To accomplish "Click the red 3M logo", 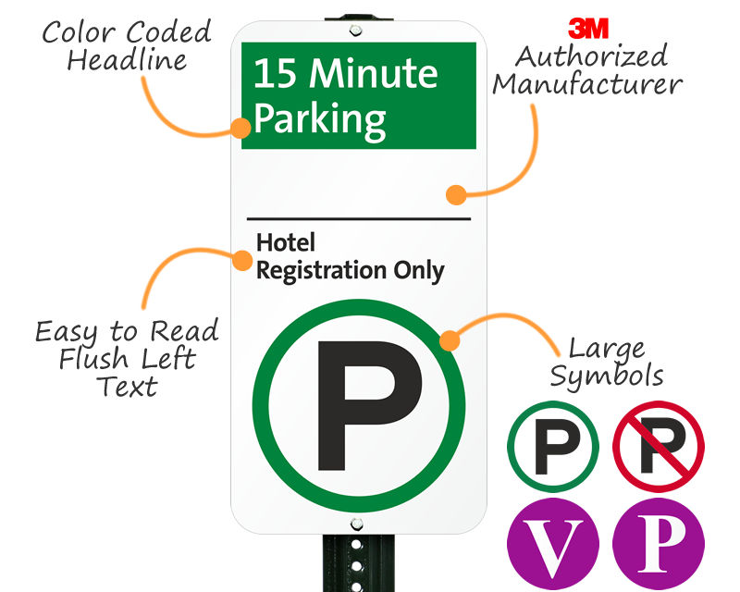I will pos(588,27).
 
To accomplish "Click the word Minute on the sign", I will pos(374,73).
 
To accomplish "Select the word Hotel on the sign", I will pos(286,243).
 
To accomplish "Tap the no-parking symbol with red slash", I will pos(659,446).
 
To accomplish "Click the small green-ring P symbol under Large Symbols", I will pos(553,446).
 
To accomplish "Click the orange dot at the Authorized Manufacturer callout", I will pos(455,194).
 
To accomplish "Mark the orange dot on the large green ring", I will pos(449,340).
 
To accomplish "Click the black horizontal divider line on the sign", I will pos(359,219).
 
